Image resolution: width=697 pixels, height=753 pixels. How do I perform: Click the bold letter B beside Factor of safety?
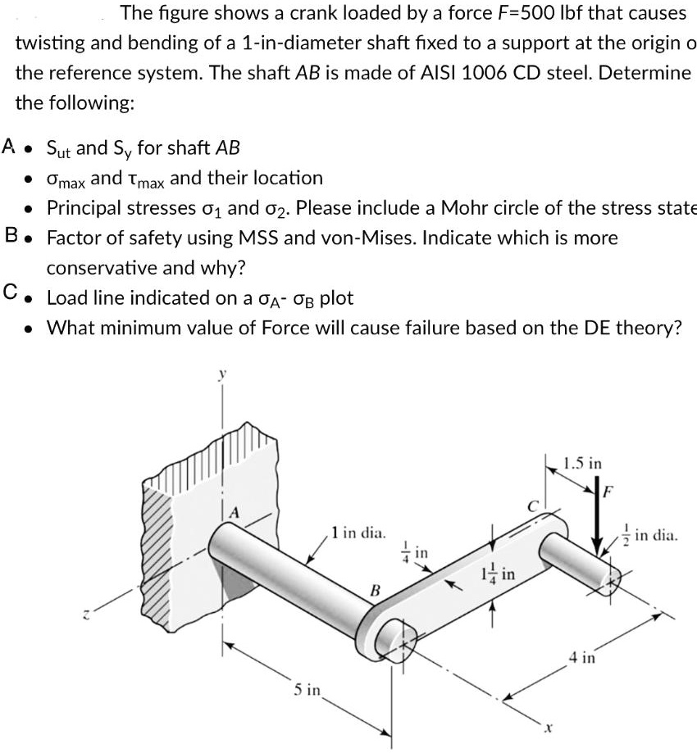11,237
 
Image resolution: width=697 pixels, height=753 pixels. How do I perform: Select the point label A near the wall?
235,511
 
